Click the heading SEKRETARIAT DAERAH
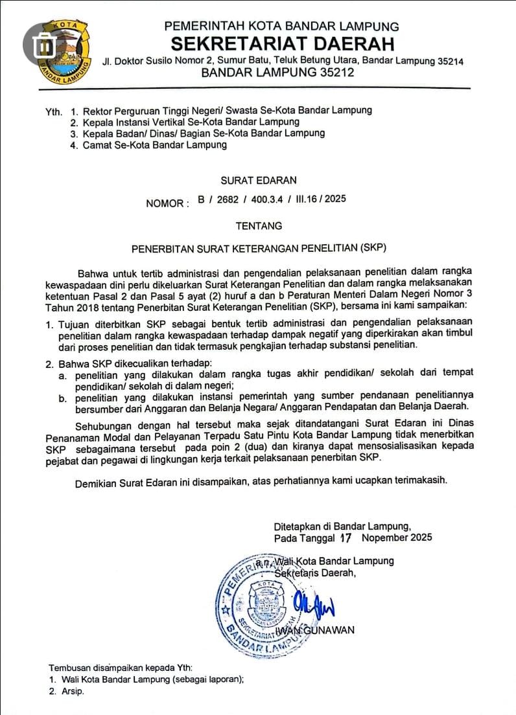(283, 44)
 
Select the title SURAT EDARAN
(259, 180)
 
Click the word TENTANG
(259, 226)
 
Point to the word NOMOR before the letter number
(165, 203)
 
